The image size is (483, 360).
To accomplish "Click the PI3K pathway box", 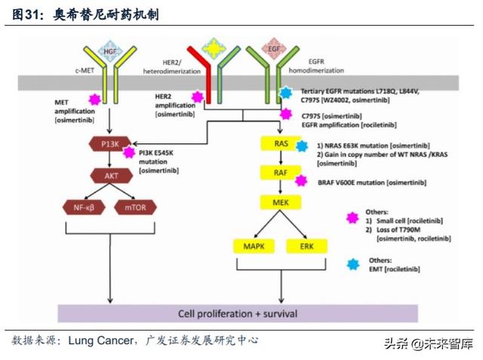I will click(103, 143).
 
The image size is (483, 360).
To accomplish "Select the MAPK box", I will click(252, 246).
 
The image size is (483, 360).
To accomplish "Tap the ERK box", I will click(306, 246).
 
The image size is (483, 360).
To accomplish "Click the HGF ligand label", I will click(111, 51).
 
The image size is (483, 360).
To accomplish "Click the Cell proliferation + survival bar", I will click(237, 312).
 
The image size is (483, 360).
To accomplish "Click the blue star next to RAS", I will click(302, 146).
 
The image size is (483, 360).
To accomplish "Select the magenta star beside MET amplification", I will click(94, 100).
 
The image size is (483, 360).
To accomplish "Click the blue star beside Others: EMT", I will click(352, 263).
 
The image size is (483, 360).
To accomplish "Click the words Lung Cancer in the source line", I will click(100, 340).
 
